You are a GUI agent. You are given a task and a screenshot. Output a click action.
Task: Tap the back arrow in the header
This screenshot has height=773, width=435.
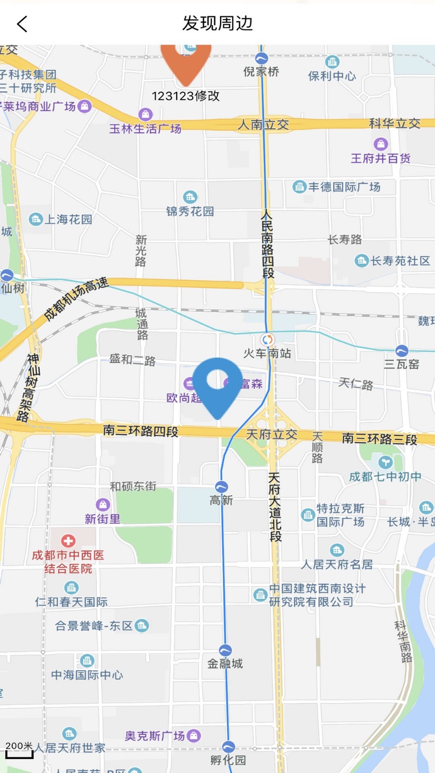point(22,24)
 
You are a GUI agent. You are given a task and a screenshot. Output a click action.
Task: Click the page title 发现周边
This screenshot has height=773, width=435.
point(217,23)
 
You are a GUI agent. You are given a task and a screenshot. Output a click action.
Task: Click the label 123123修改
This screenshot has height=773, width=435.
point(186,96)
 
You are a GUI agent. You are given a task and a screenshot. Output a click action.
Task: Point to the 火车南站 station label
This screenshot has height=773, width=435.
point(267,354)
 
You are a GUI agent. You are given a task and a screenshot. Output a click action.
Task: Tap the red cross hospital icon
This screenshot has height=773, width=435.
point(68,541)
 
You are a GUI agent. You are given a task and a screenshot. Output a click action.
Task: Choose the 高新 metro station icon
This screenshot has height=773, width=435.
point(221,487)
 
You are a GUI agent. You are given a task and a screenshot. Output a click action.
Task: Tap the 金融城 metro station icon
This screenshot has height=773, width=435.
point(225,650)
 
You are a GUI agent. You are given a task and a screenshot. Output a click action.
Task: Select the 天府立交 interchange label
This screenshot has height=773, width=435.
point(272,434)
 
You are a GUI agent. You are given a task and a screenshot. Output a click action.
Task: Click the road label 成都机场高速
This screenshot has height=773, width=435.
point(76,299)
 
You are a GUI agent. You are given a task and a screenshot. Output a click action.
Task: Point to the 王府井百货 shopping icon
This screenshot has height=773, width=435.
point(381,144)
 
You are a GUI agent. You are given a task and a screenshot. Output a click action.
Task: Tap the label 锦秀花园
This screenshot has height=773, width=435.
point(190,212)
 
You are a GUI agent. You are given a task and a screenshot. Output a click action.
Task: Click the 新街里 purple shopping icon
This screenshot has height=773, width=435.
point(102,505)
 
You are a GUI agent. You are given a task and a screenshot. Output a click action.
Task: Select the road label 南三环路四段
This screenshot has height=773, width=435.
point(141,430)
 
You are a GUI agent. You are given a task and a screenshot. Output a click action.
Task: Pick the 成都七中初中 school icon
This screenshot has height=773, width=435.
point(385,462)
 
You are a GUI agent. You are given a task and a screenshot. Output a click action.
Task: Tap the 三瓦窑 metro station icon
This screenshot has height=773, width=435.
point(402,351)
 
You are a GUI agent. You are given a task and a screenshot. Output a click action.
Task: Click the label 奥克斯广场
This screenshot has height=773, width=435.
point(155,736)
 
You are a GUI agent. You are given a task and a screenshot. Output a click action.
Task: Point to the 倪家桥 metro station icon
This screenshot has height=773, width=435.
point(261,58)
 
